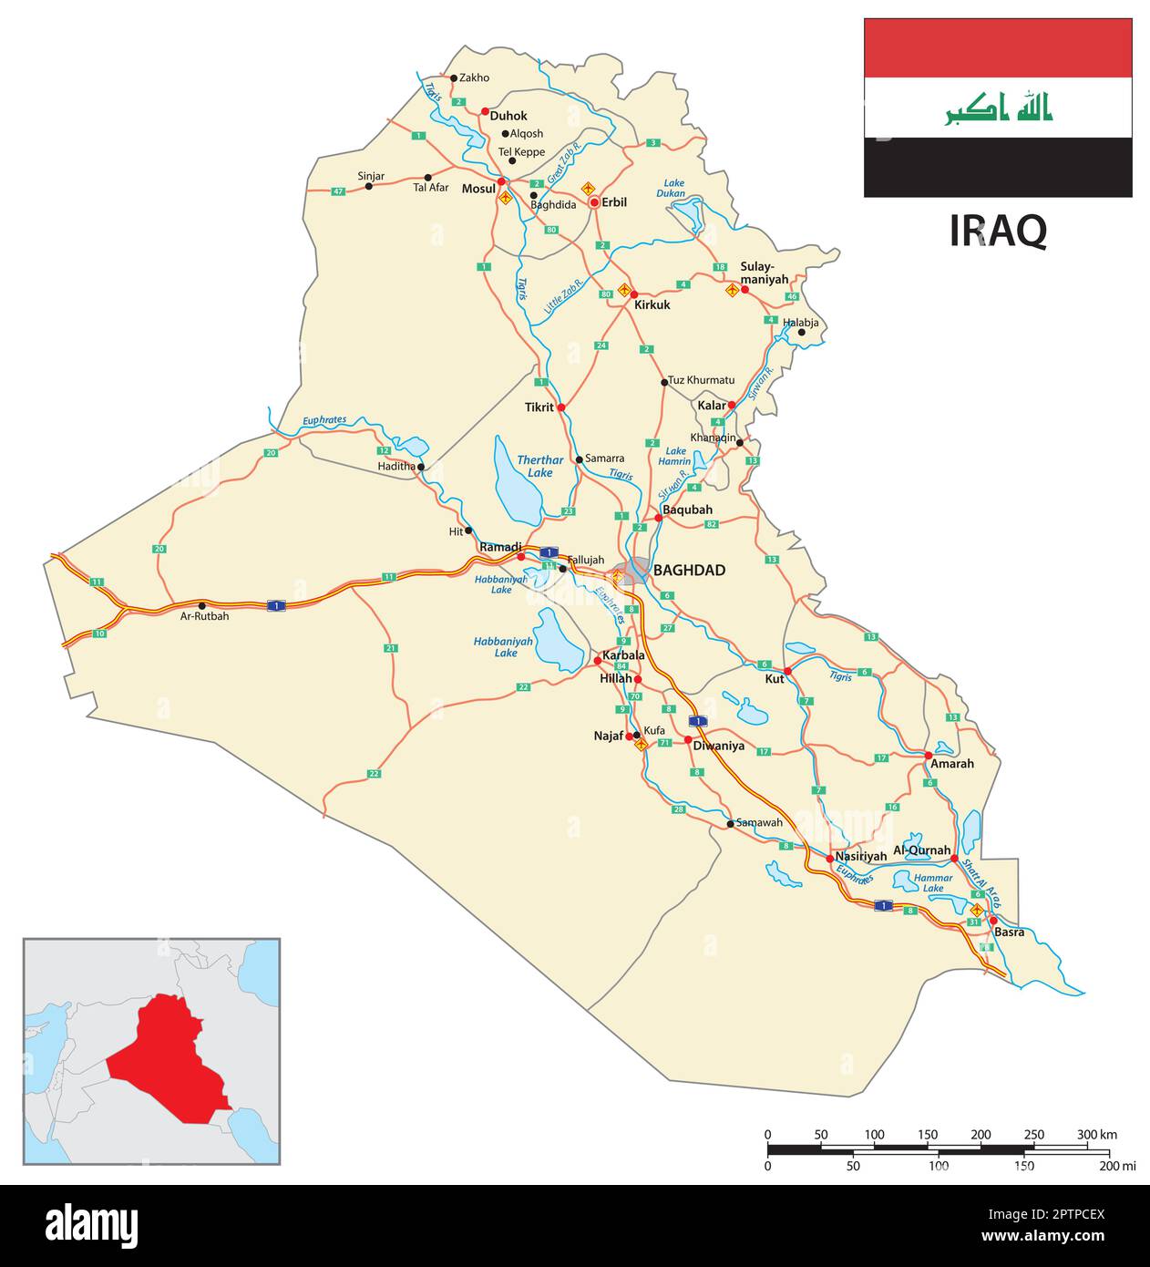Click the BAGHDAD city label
689,571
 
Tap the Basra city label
1009,932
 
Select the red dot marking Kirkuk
634,294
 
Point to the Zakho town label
475,77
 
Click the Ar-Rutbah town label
204,616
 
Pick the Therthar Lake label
534,467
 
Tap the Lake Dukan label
673,188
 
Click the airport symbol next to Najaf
641,745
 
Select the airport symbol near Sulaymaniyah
732,291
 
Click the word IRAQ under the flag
998,232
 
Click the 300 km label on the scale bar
1096,1135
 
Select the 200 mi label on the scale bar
1117,1166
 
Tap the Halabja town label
800,323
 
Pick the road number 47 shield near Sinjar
338,191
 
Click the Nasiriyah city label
860,857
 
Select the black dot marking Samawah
730,824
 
